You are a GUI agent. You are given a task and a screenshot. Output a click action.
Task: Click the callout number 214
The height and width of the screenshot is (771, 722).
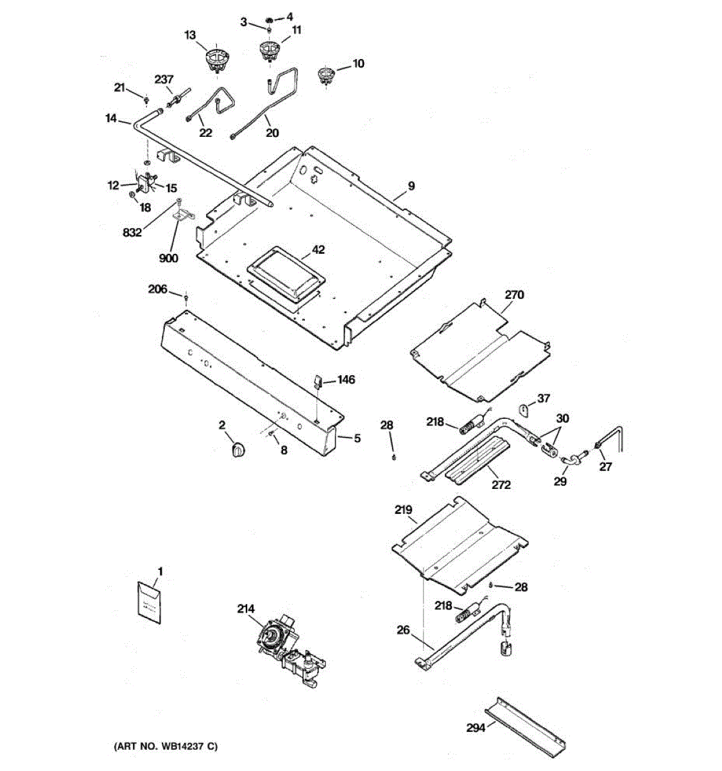coord(245,608)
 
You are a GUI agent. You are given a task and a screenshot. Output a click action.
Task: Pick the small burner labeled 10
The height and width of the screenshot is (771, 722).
coord(328,75)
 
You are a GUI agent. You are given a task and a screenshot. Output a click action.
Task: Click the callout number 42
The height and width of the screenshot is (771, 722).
coord(318,249)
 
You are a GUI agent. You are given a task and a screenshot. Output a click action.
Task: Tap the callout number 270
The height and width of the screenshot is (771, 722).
coord(514,295)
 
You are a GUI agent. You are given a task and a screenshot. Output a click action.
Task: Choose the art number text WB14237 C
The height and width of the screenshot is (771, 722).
coord(166,747)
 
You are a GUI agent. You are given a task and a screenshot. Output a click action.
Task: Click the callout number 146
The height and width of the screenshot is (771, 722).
coord(346,380)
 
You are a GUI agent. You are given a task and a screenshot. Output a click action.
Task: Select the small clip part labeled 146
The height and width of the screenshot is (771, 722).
coord(318,380)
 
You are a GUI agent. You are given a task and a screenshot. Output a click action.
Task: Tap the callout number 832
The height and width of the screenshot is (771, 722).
coord(132,233)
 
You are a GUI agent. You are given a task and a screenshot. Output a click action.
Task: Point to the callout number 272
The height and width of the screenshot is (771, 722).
coord(501,484)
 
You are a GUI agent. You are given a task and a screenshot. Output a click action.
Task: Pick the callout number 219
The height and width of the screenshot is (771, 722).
coord(404,510)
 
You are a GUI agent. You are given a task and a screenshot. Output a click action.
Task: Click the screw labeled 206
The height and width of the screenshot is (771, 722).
coord(186,297)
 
